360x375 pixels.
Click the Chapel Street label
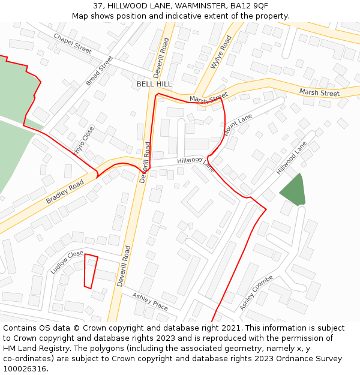[x=73, y=43]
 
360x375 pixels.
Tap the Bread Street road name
[x=99, y=70]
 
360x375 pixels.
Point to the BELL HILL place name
[x=154, y=84]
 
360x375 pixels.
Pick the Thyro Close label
[x=84, y=140]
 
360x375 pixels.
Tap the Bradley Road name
[x=65, y=192]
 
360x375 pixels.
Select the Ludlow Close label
[x=67, y=262]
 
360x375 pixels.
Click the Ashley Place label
[x=150, y=301]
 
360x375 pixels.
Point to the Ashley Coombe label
[x=256, y=292]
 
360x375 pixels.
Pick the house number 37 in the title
[x=98, y=5]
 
